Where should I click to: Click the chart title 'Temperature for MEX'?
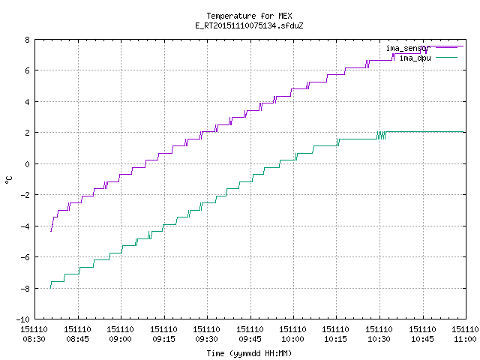click(249, 16)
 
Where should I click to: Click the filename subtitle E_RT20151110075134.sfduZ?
click(249, 25)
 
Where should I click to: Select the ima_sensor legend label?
click(408, 48)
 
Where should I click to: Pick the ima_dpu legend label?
click(415, 58)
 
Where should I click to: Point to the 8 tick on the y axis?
click(28, 40)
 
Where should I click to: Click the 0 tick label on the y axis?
click(28, 164)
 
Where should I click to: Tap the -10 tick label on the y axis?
click(23, 319)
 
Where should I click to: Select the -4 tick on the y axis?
click(25, 226)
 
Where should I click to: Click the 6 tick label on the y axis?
click(28, 70)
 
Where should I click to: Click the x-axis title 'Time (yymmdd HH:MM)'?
click(249, 353)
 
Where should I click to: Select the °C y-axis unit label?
click(8, 180)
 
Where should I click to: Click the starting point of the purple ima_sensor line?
click(51, 232)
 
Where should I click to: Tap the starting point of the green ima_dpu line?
click(50, 288)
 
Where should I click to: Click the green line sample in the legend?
click(446, 58)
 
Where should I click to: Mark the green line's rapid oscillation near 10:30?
click(381, 135)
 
